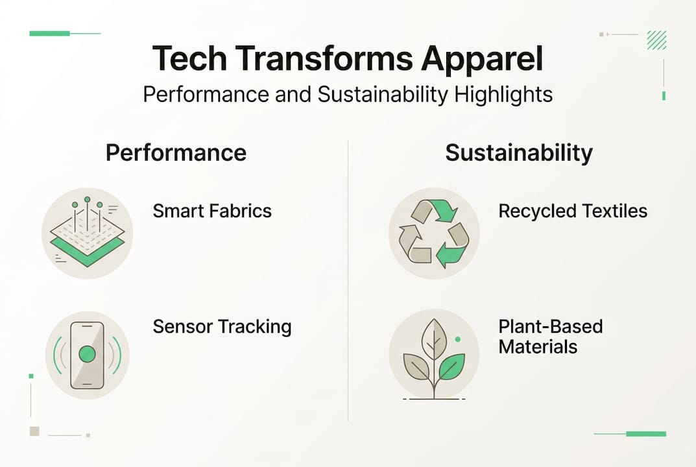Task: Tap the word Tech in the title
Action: (x=188, y=59)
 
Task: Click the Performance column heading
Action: (x=176, y=153)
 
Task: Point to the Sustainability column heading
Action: (x=519, y=153)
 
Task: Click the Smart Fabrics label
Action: (x=212, y=211)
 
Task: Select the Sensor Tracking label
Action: (x=222, y=326)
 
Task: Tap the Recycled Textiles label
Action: (x=573, y=211)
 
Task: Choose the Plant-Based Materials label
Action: (x=551, y=336)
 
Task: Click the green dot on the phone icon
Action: (x=87, y=354)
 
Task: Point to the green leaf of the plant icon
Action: (x=451, y=367)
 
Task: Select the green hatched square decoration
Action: (x=656, y=40)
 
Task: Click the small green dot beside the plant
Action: (x=458, y=339)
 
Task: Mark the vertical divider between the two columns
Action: (x=348, y=279)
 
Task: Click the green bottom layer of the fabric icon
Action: (x=87, y=254)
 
